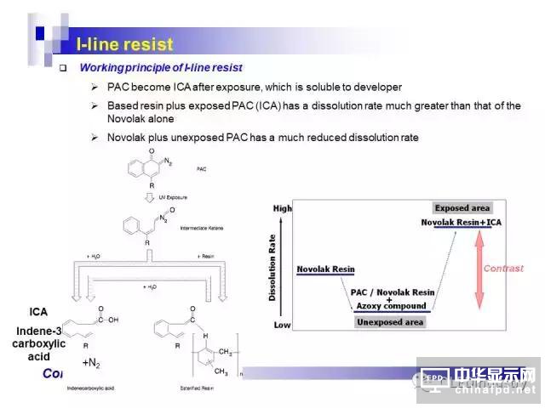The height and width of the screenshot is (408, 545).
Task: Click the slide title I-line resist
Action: pos(124,44)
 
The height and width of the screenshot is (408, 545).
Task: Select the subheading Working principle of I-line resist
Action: pos(161,67)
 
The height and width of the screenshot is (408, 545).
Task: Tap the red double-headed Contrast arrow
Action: pos(479,270)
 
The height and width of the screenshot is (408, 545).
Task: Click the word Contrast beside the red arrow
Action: pos(503,269)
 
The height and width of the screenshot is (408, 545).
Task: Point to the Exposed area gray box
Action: pos(462,208)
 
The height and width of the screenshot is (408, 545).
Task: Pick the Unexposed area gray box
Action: pos(390,322)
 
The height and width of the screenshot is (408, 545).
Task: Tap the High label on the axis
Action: pos(282,208)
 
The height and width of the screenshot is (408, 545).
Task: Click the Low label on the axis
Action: pos(282,326)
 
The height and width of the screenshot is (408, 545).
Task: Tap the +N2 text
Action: pos(91,363)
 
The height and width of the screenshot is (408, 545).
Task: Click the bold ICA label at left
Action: pos(38,312)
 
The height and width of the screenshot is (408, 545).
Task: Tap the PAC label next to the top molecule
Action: pos(201,169)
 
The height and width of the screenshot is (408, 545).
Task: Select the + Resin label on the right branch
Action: pos(209,256)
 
